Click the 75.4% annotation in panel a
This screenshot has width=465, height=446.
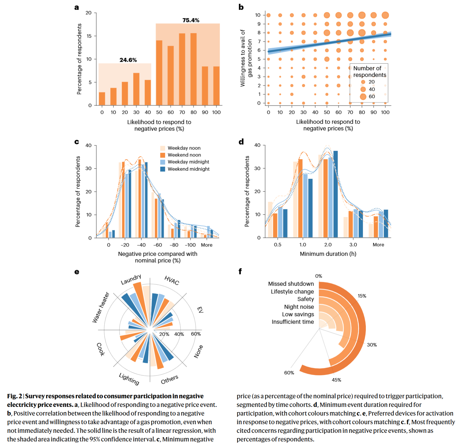191,20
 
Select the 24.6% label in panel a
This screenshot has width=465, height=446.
128,60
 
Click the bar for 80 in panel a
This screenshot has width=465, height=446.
193,69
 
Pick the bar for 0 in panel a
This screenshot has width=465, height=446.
102,99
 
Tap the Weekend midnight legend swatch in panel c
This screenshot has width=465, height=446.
163,169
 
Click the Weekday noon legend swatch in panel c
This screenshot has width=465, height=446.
163,148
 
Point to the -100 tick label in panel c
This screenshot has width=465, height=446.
190,245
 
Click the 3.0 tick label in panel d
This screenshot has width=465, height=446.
353,245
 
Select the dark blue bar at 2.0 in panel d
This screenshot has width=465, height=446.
335,194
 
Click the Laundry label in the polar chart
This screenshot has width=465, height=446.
131,279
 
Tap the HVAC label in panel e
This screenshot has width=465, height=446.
172,280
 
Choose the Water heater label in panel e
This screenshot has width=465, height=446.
101,307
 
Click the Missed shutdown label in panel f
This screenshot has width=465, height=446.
291,284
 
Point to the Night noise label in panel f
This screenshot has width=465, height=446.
299,307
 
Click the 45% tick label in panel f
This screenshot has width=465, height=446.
336,380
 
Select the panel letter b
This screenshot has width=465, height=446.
241,7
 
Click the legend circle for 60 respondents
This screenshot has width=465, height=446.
363,97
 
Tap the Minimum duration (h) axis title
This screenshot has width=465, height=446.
328,254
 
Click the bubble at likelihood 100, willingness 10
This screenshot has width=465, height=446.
385,15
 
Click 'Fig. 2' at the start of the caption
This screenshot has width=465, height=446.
15,396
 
